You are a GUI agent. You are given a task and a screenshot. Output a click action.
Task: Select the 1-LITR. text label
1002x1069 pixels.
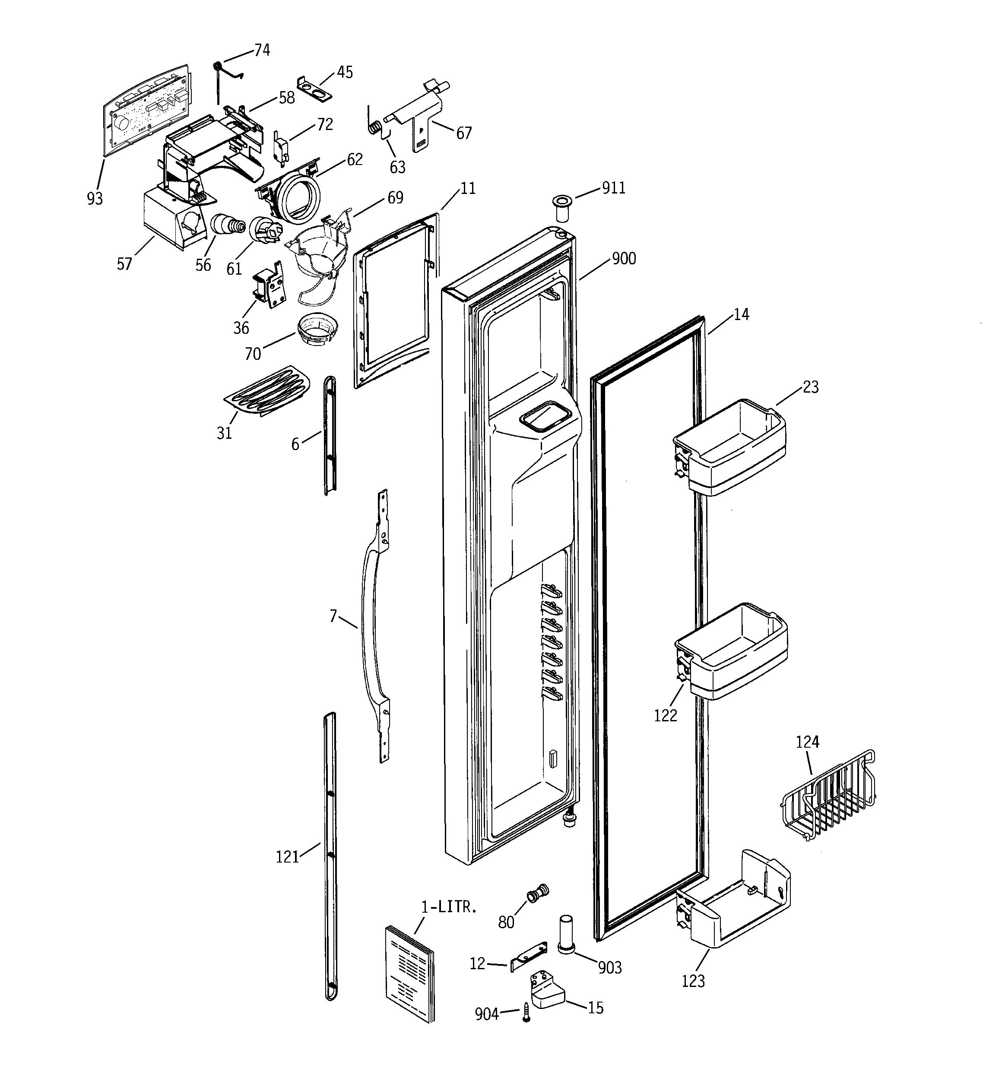(x=449, y=907)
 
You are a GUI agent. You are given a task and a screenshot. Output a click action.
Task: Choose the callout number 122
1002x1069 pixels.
(x=665, y=715)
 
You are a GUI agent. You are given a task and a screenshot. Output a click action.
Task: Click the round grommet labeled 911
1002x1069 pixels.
(x=561, y=209)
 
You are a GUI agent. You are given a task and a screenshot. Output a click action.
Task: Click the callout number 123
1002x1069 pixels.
(x=693, y=981)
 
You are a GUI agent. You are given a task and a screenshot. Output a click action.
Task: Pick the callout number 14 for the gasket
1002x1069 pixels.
(x=741, y=314)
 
